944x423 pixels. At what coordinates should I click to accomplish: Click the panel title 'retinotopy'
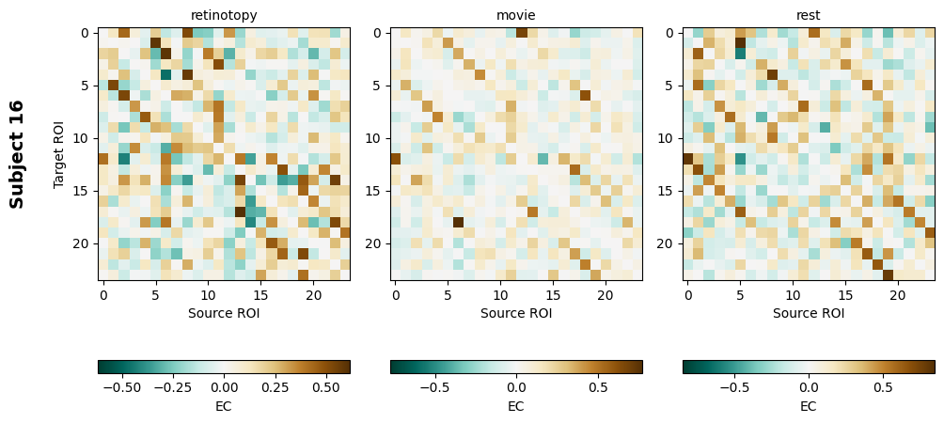tap(224, 15)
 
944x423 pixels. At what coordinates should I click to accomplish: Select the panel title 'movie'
tap(516, 15)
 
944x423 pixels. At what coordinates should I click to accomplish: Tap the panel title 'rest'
tap(809, 15)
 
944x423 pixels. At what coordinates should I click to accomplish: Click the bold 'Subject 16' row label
tap(16, 153)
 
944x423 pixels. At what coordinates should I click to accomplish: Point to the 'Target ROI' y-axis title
tap(59, 153)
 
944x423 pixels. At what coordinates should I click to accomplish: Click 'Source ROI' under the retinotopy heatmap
tap(224, 313)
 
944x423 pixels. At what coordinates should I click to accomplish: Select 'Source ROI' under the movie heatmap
tap(516, 313)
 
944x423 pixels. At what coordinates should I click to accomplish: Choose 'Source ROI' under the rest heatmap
tap(809, 313)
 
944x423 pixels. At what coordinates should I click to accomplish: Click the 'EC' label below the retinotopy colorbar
tap(224, 406)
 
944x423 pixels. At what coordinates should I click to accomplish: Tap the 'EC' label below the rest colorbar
tap(809, 406)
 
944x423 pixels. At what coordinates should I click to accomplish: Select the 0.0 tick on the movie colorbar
tap(516, 386)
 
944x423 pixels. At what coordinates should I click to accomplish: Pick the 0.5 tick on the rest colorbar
tap(883, 386)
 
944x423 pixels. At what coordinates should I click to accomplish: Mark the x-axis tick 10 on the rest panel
tap(793, 295)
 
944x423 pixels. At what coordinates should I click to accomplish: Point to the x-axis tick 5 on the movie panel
tap(448, 295)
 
